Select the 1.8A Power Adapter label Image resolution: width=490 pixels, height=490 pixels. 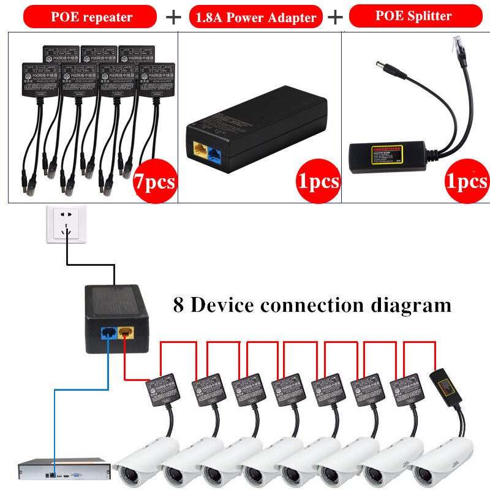[x=257, y=17]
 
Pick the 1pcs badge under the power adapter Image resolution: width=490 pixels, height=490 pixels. [x=318, y=181]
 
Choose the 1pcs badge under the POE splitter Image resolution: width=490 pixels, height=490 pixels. [x=467, y=181]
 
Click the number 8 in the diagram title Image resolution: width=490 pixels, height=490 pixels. [x=178, y=304]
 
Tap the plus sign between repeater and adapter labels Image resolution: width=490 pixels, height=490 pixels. [x=174, y=17]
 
